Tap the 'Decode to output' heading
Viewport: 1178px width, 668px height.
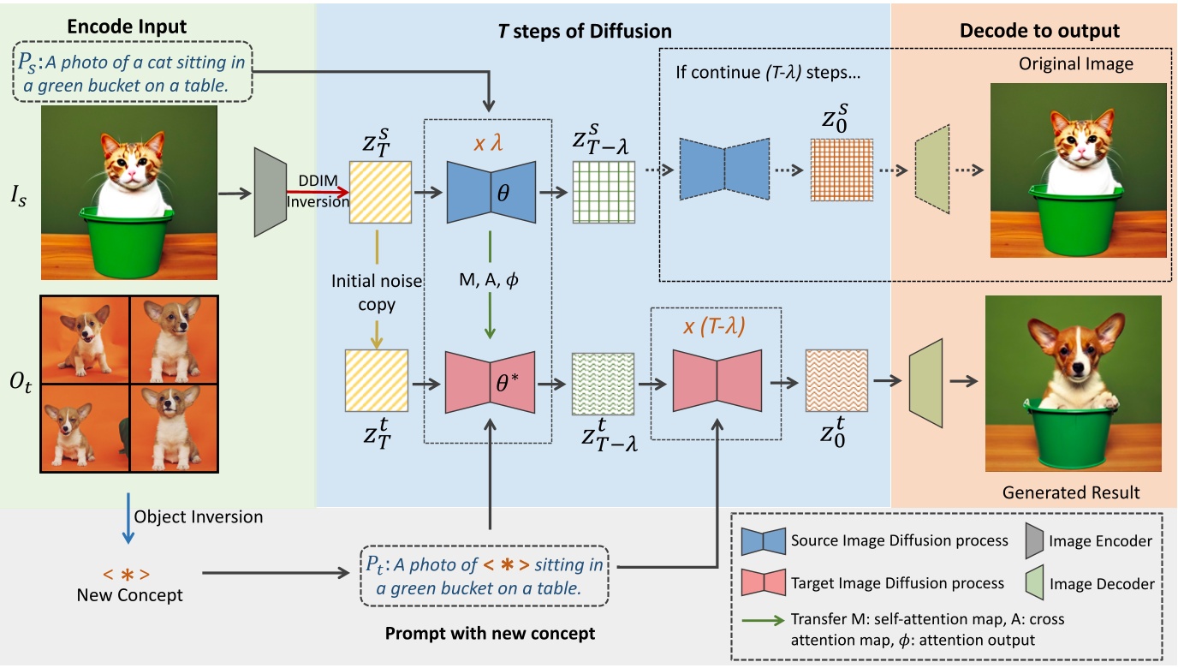pyautogui.click(x=1039, y=31)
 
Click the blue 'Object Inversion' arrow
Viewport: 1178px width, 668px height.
pyautogui.click(x=128, y=517)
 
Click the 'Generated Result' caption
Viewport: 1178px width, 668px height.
pyautogui.click(x=1071, y=492)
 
